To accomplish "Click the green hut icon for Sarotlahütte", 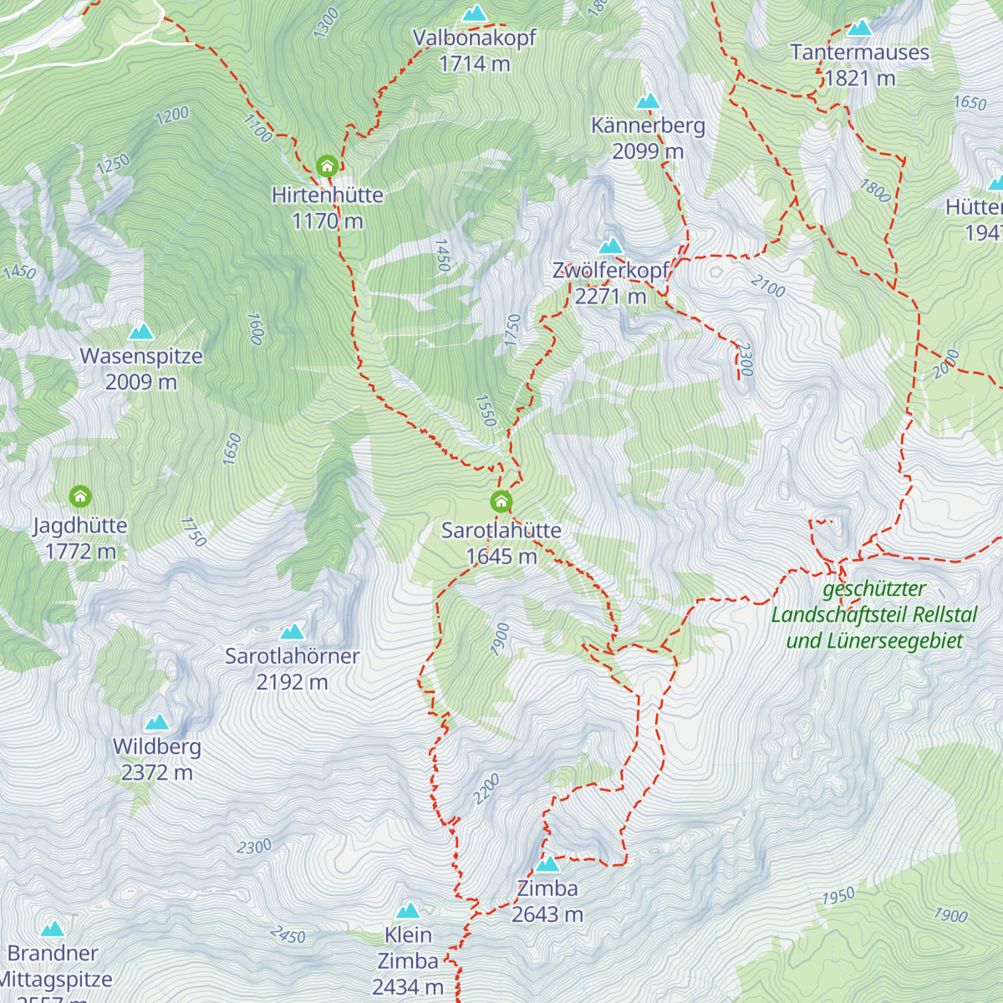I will [501, 501].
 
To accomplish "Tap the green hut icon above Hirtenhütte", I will [327, 165].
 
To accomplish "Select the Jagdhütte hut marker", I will [80, 497].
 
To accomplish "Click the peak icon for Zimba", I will [547, 863].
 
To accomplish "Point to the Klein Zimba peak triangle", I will [408, 910].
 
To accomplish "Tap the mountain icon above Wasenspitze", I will [141, 332].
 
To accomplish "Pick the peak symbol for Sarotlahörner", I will [292, 631].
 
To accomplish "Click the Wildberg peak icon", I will [156, 722].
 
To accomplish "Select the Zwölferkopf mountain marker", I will [611, 246].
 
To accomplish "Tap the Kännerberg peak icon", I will [648, 101].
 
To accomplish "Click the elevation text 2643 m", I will [547, 914].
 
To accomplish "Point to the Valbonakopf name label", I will [474, 38].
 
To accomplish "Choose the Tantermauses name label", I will [859, 53].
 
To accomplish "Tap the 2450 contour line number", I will [288, 934].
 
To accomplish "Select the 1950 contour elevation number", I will [838, 897].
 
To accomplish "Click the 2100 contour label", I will [767, 287].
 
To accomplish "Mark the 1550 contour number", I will [486, 410].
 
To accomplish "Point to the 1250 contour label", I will [113, 163].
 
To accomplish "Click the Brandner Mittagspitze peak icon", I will [53, 929].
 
